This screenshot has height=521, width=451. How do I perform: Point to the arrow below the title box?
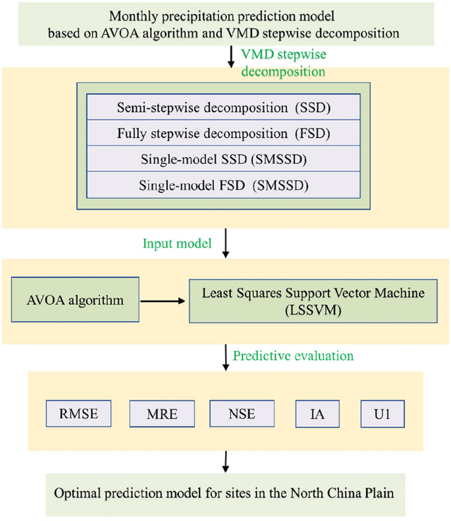(x=230, y=58)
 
